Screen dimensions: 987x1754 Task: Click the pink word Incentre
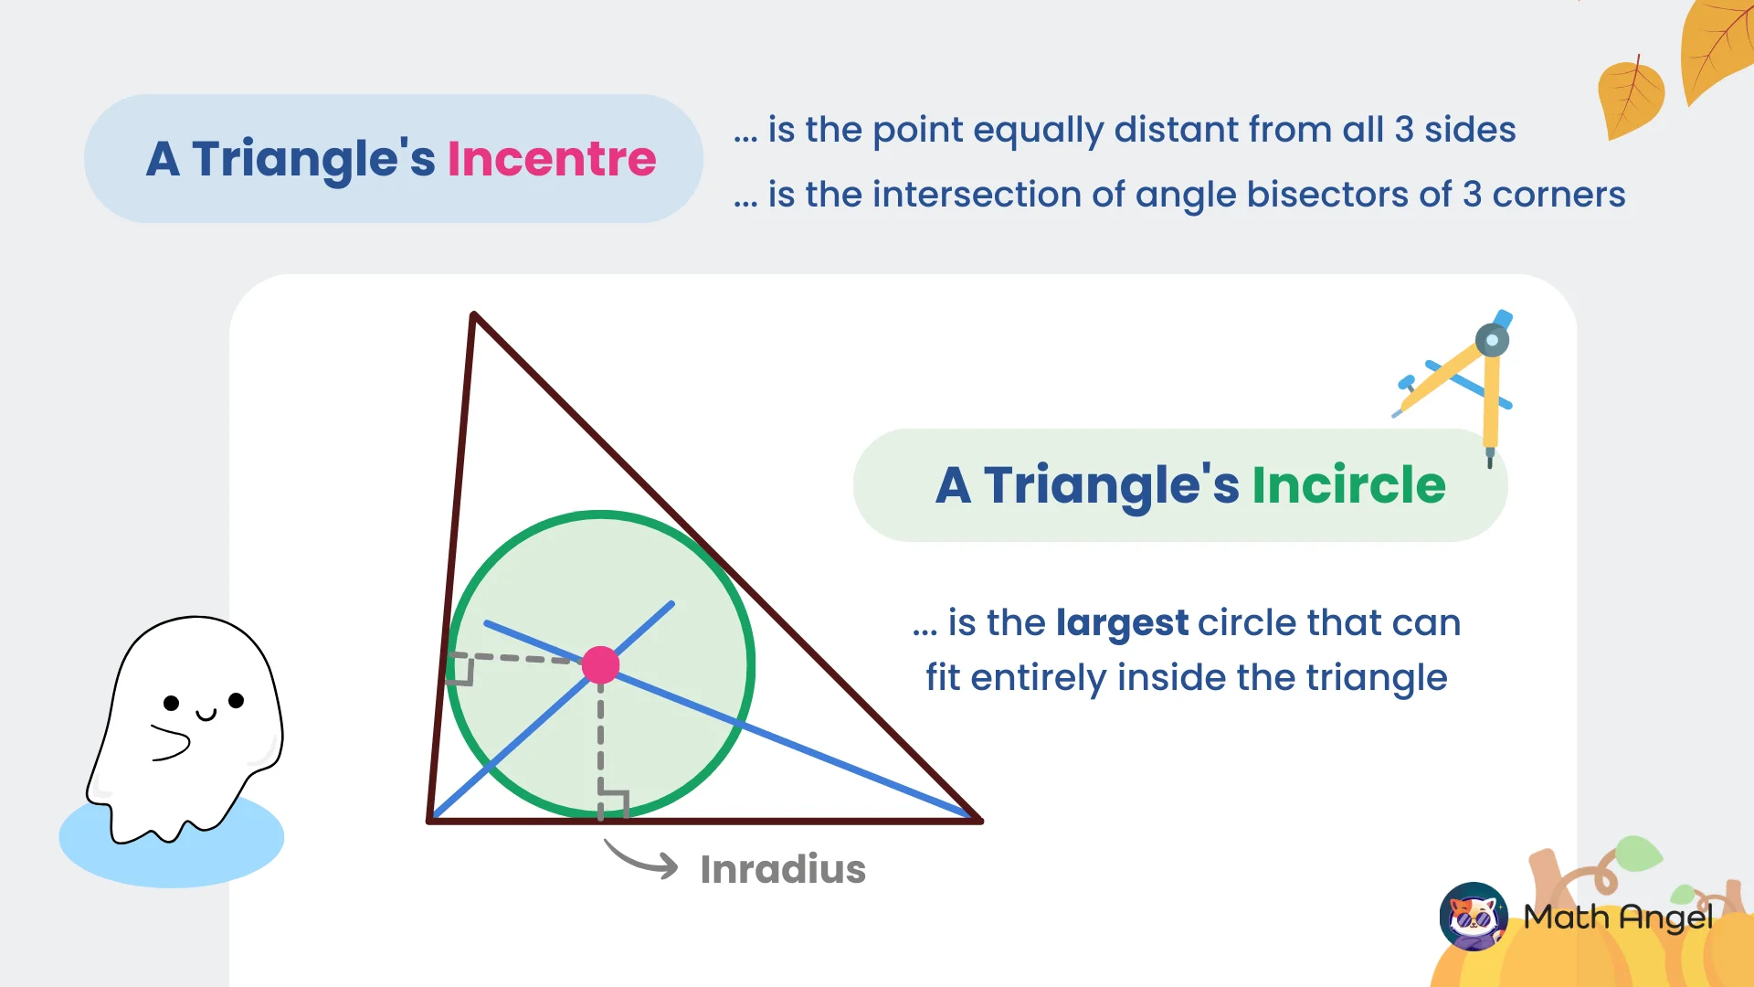(x=551, y=159)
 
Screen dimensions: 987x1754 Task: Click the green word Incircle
(x=1348, y=485)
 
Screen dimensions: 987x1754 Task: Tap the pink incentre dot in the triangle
(x=600, y=664)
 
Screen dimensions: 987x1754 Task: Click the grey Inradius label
(x=782, y=869)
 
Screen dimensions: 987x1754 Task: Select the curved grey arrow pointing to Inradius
(x=642, y=860)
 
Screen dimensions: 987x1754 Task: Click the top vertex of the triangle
(x=473, y=315)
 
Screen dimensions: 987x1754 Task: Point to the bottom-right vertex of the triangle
(x=978, y=820)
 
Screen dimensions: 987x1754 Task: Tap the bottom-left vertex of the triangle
(x=430, y=820)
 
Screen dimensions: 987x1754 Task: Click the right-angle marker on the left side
(x=460, y=669)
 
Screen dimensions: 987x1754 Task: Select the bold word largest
(x=1122, y=623)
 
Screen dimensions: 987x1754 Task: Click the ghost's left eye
(x=171, y=703)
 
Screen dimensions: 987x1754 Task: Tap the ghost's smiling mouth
(x=206, y=715)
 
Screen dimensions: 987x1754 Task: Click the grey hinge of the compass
(x=1492, y=341)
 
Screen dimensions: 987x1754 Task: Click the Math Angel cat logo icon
(x=1473, y=916)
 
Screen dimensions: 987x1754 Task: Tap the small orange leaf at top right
(x=1631, y=99)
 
